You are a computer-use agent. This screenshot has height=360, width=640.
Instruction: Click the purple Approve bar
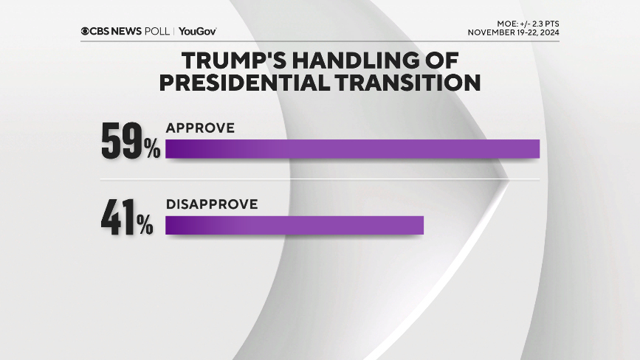click(352, 148)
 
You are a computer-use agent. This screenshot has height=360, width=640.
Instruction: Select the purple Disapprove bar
click(294, 225)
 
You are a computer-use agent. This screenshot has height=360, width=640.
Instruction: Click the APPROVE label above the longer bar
click(200, 128)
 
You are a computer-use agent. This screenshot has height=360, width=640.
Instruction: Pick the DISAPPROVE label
click(211, 204)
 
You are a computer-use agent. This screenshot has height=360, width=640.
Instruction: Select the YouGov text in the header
click(197, 31)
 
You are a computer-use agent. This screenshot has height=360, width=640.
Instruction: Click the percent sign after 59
click(152, 150)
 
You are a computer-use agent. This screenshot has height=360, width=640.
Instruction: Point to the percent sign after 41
click(145, 226)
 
